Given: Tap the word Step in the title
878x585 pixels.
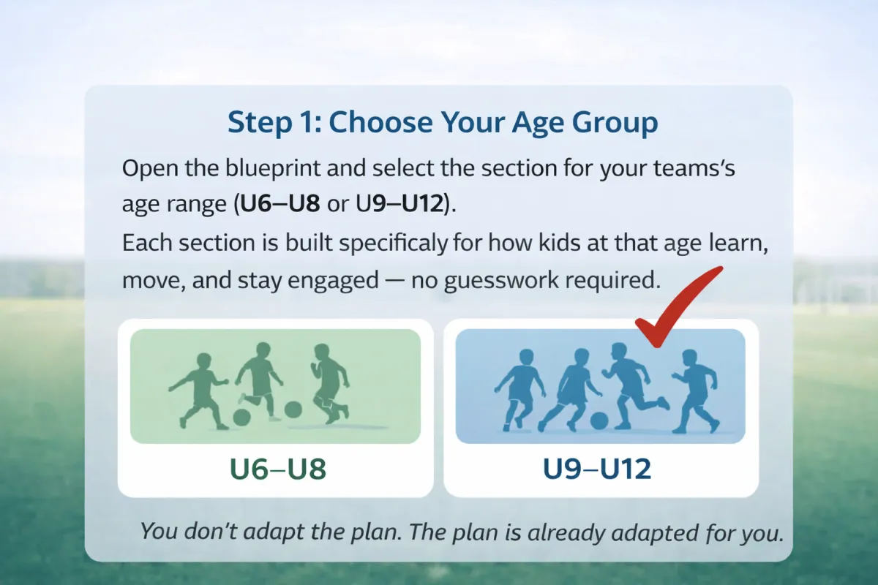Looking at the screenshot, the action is [x=260, y=123].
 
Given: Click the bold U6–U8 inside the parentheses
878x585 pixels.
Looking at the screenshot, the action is [x=279, y=204].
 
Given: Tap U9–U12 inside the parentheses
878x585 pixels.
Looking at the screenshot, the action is [x=399, y=204].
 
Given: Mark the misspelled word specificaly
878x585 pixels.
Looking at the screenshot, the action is [x=393, y=244].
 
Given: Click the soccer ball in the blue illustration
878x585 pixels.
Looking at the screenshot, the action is [x=599, y=420].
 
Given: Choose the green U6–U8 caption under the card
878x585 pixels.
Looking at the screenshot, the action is [x=277, y=469].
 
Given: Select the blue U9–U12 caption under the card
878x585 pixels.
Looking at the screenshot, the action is [x=597, y=469].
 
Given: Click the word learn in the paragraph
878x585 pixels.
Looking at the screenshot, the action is [x=738, y=244].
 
